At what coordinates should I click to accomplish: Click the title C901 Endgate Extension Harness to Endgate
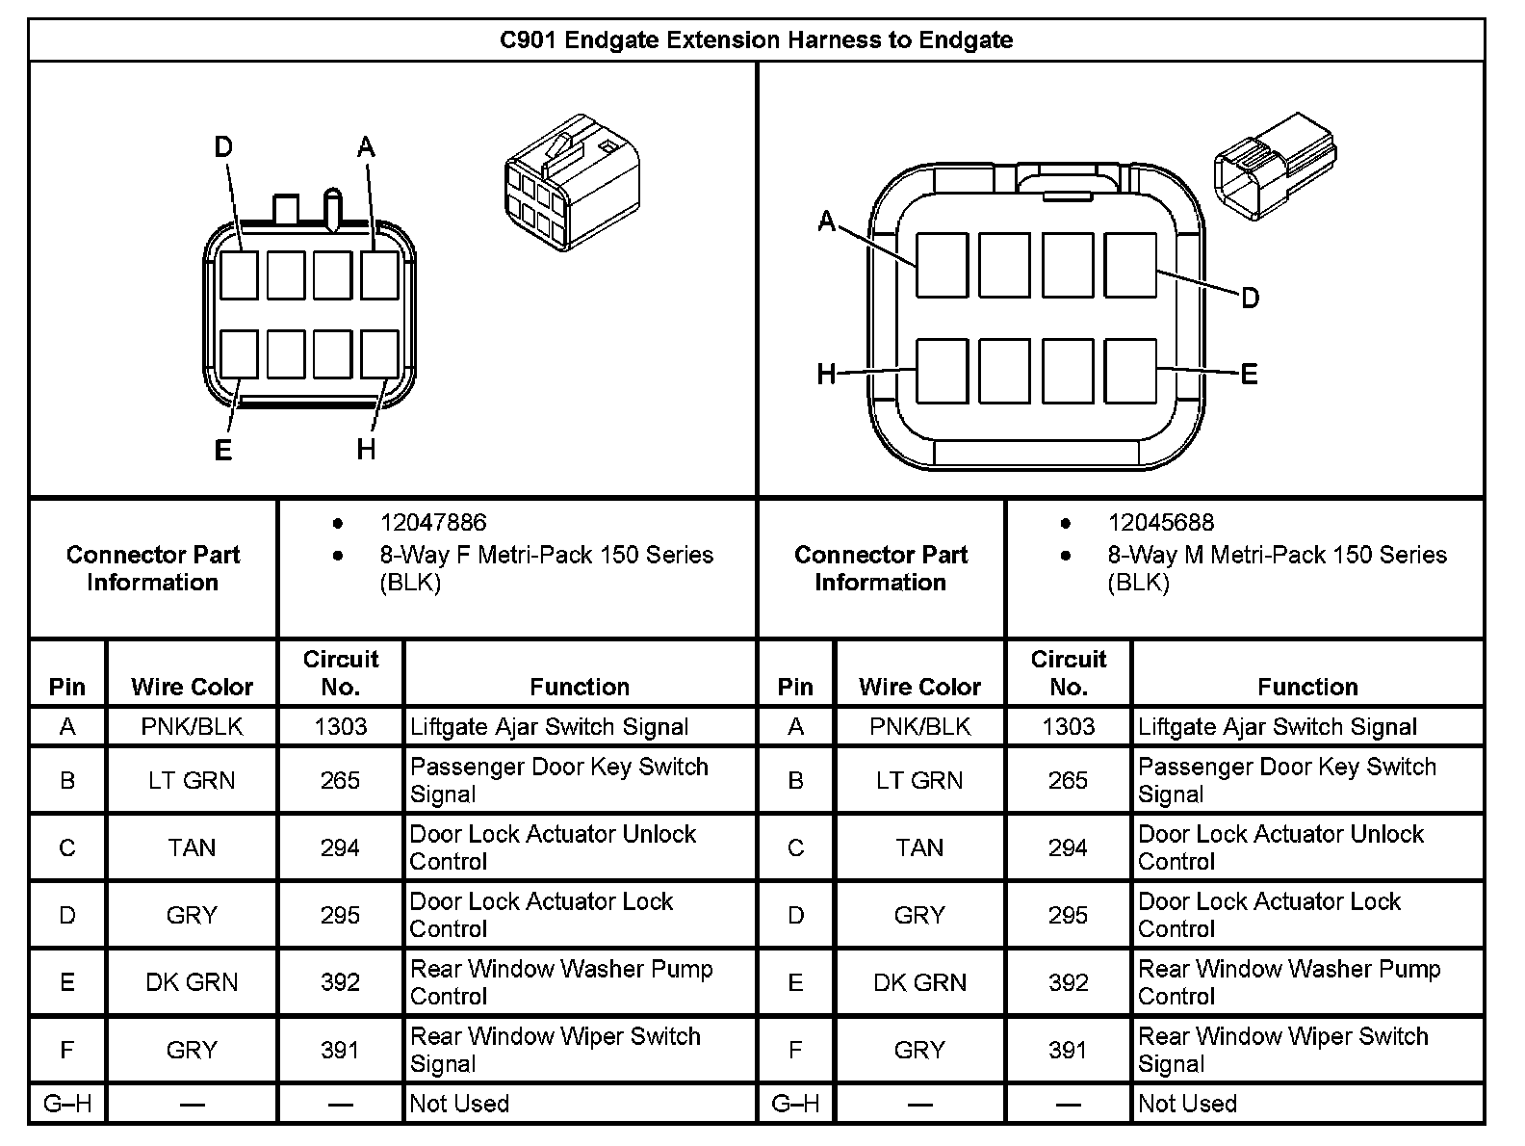pyautogui.click(x=756, y=40)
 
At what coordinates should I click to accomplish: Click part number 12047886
pyautogui.click(x=433, y=523)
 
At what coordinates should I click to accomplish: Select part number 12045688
pyautogui.click(x=1160, y=523)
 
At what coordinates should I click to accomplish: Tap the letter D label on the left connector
pyautogui.click(x=223, y=147)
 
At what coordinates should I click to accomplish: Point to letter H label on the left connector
pyautogui.click(x=366, y=449)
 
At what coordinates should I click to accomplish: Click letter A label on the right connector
pyautogui.click(x=826, y=222)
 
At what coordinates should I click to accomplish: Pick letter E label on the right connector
pyautogui.click(x=1249, y=374)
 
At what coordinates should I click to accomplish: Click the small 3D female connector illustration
pyautogui.click(x=571, y=183)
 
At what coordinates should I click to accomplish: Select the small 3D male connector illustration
pyautogui.click(x=1275, y=164)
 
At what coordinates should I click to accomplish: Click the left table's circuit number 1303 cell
pyautogui.click(x=340, y=727)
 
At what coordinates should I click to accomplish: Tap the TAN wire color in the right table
pyautogui.click(x=919, y=847)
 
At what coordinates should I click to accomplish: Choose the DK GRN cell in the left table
pyautogui.click(x=192, y=982)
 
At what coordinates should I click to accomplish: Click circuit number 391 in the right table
pyautogui.click(x=1068, y=1050)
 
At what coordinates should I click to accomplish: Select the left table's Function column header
pyautogui.click(x=580, y=687)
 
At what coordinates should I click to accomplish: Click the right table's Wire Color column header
pyautogui.click(x=919, y=687)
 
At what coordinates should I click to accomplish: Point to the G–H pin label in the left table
pyautogui.click(x=67, y=1104)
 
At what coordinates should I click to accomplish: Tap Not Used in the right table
pyautogui.click(x=1187, y=1104)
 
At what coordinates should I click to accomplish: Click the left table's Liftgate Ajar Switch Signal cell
pyautogui.click(x=550, y=727)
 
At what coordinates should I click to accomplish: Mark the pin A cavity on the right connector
pyautogui.click(x=941, y=265)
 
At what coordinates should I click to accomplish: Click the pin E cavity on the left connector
pyautogui.click(x=239, y=353)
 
